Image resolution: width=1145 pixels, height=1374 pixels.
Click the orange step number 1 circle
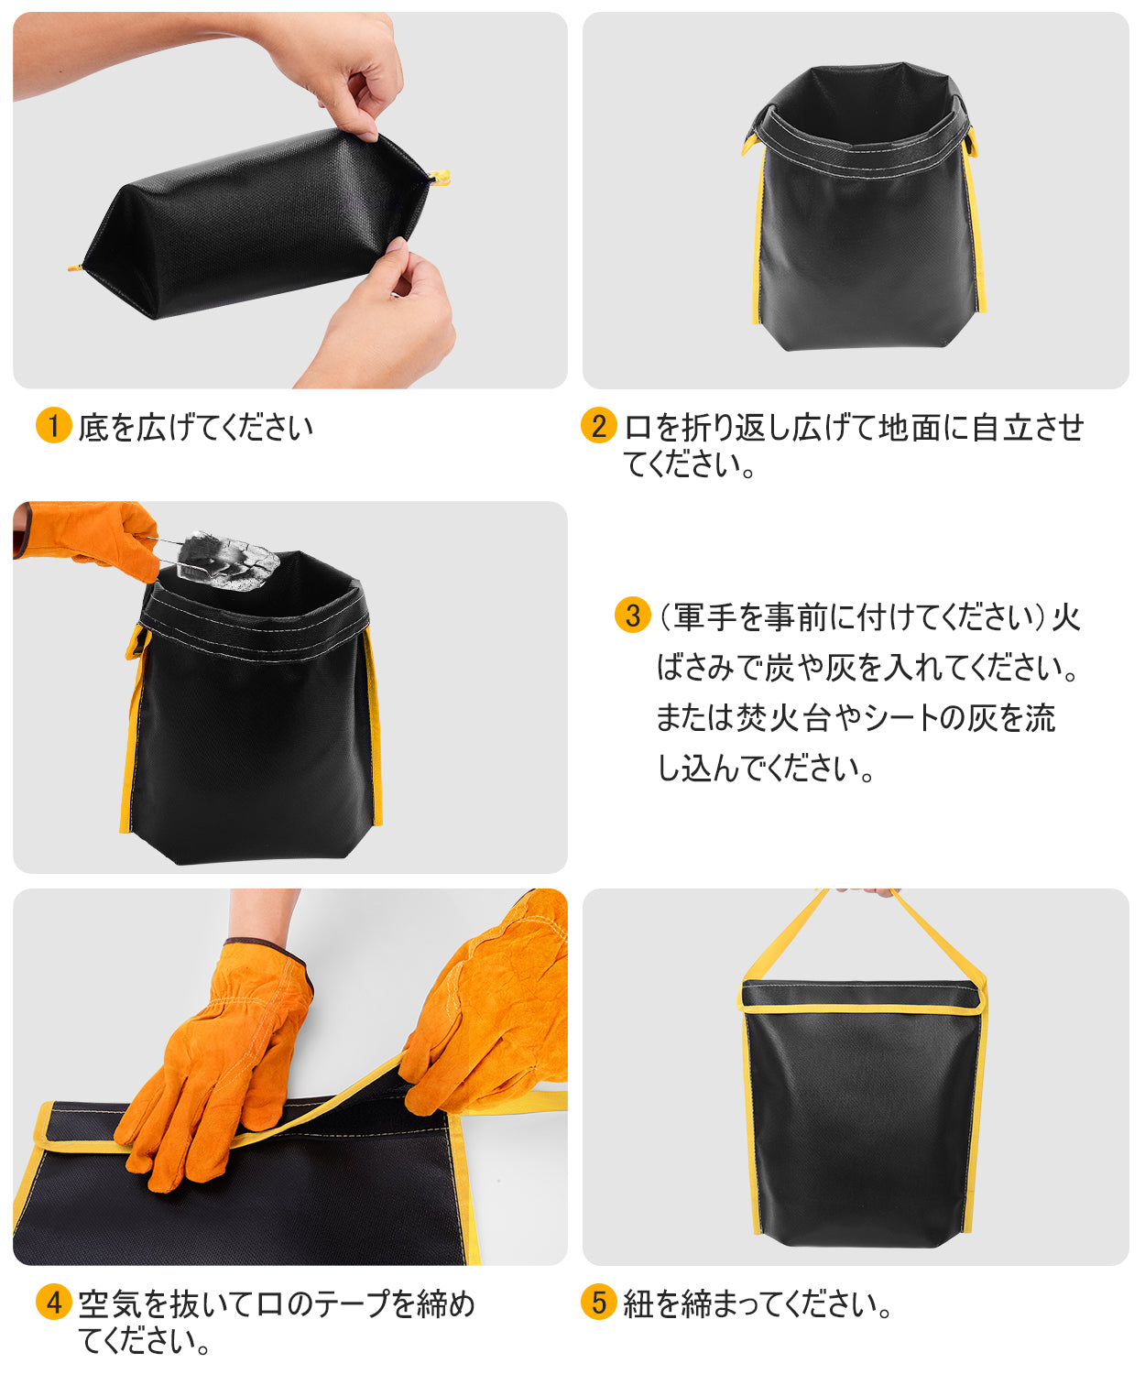pos(54,425)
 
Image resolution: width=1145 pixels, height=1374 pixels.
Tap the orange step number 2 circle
pos(599,425)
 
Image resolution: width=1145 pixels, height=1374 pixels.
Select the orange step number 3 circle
pos(632,616)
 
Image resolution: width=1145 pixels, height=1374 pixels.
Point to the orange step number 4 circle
pos(54,1303)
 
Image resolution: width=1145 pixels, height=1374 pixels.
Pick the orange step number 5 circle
pos(599,1303)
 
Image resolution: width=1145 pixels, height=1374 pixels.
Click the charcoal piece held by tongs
pos(227,561)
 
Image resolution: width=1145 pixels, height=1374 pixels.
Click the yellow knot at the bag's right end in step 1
pos(440,177)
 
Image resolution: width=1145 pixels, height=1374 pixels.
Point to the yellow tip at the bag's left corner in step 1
pos(74,267)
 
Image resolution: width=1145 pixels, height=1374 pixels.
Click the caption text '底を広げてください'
pos(195,427)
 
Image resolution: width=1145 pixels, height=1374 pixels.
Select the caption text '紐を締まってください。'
pos(758,1303)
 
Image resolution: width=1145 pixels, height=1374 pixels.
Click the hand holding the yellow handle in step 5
pos(867,891)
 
